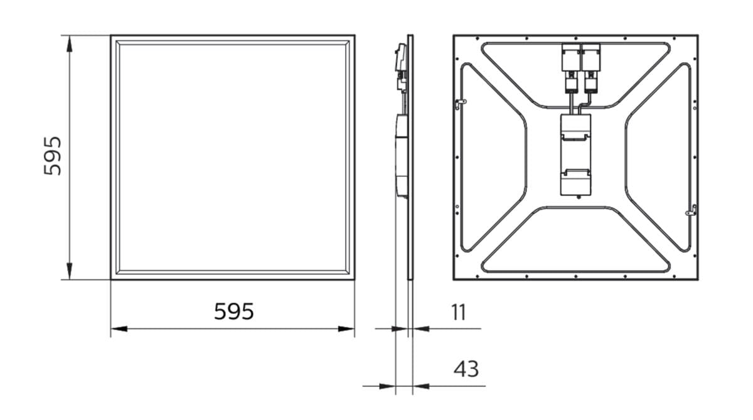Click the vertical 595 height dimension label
53,156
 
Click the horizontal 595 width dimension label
234,311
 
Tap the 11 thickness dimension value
459,313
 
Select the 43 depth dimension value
466,369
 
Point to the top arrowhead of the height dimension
70,44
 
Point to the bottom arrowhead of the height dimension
70,271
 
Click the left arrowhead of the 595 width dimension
119,328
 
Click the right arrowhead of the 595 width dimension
346,328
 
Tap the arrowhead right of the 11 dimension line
421,328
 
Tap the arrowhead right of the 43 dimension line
421,386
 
